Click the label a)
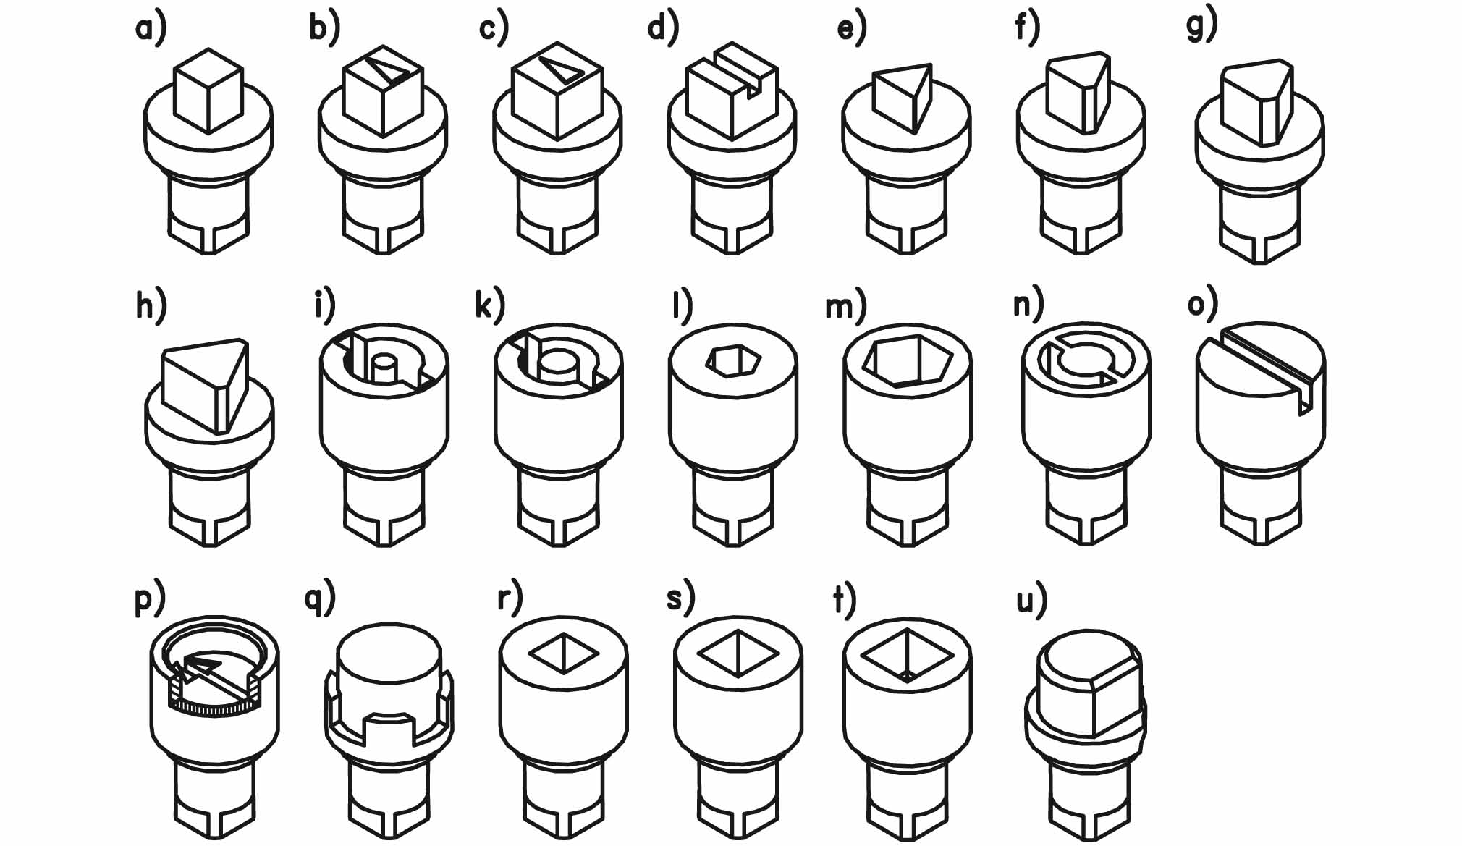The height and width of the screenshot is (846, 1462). point(151,29)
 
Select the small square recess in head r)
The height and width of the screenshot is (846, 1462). point(563,654)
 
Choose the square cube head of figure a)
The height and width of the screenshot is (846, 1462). point(208,90)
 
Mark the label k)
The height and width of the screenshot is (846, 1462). point(489,305)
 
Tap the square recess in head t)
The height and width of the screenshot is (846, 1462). point(908,656)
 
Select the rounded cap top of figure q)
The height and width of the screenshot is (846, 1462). point(389,655)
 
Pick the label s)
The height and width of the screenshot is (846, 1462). point(680,599)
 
